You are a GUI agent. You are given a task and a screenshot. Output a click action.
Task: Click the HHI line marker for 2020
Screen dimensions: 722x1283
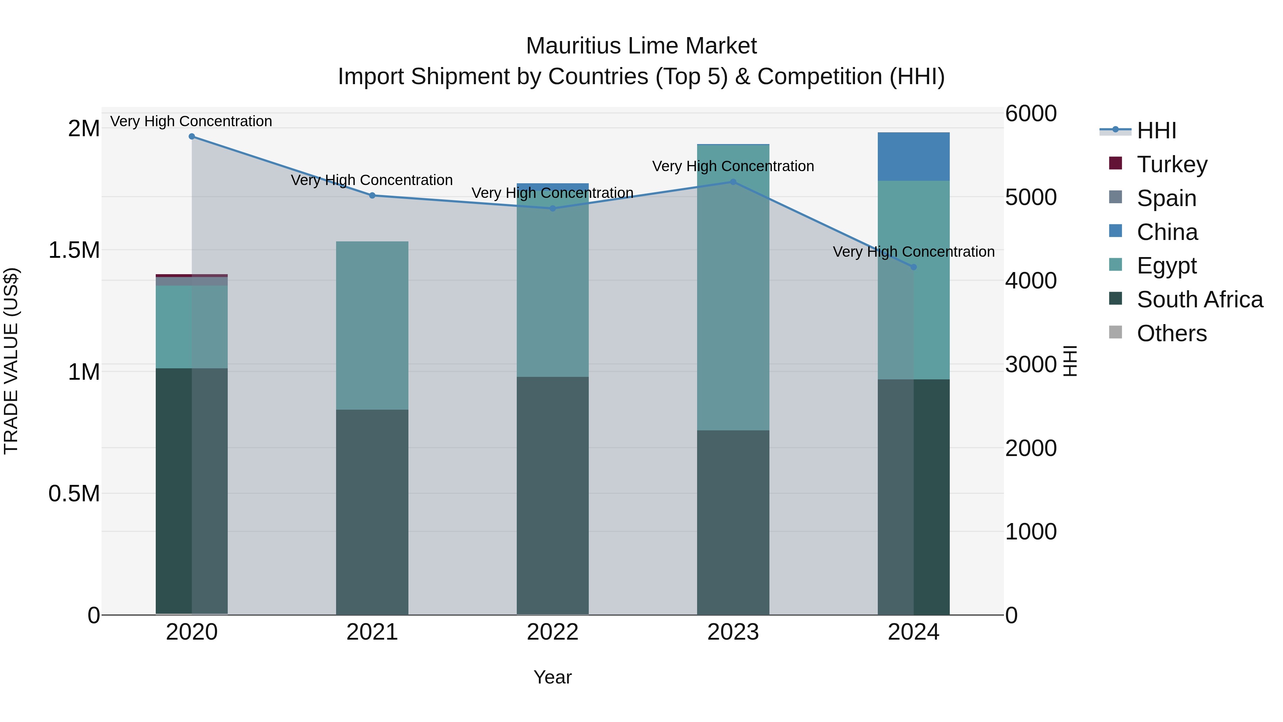[x=192, y=137]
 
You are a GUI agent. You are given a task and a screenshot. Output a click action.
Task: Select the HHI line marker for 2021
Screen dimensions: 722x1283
[x=372, y=195]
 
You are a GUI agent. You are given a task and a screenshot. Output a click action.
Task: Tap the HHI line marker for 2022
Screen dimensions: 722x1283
[x=552, y=208]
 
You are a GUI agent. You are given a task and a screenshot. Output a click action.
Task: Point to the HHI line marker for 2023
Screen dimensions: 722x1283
[x=733, y=182]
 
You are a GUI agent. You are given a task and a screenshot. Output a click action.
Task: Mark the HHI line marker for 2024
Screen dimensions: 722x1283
[x=913, y=267]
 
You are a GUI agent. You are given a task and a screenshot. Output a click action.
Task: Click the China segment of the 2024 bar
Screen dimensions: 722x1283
[x=913, y=157]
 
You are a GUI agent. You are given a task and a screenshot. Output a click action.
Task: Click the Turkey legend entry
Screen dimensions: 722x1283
[x=1172, y=164]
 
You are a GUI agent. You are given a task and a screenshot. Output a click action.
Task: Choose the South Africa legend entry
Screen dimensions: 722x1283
[x=1199, y=299]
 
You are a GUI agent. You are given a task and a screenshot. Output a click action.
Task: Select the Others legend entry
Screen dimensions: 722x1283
[x=1171, y=333]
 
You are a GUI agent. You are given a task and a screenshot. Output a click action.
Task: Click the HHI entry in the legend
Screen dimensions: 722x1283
[x=1156, y=130]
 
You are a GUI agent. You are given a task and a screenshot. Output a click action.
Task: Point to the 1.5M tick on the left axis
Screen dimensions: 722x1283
[x=74, y=250]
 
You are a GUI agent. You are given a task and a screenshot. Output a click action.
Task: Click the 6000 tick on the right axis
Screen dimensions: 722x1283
[x=1030, y=114]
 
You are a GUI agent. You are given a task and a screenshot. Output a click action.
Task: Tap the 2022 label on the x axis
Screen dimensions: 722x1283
[x=552, y=632]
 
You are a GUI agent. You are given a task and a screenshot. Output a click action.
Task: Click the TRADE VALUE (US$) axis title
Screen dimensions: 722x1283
[x=11, y=361]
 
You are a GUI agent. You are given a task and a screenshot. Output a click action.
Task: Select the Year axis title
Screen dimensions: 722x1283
[x=552, y=677]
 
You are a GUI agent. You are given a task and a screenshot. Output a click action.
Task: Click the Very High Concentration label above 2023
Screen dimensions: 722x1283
[x=733, y=166]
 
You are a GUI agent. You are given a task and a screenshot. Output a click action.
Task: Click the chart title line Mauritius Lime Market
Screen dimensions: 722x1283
[x=641, y=46]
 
